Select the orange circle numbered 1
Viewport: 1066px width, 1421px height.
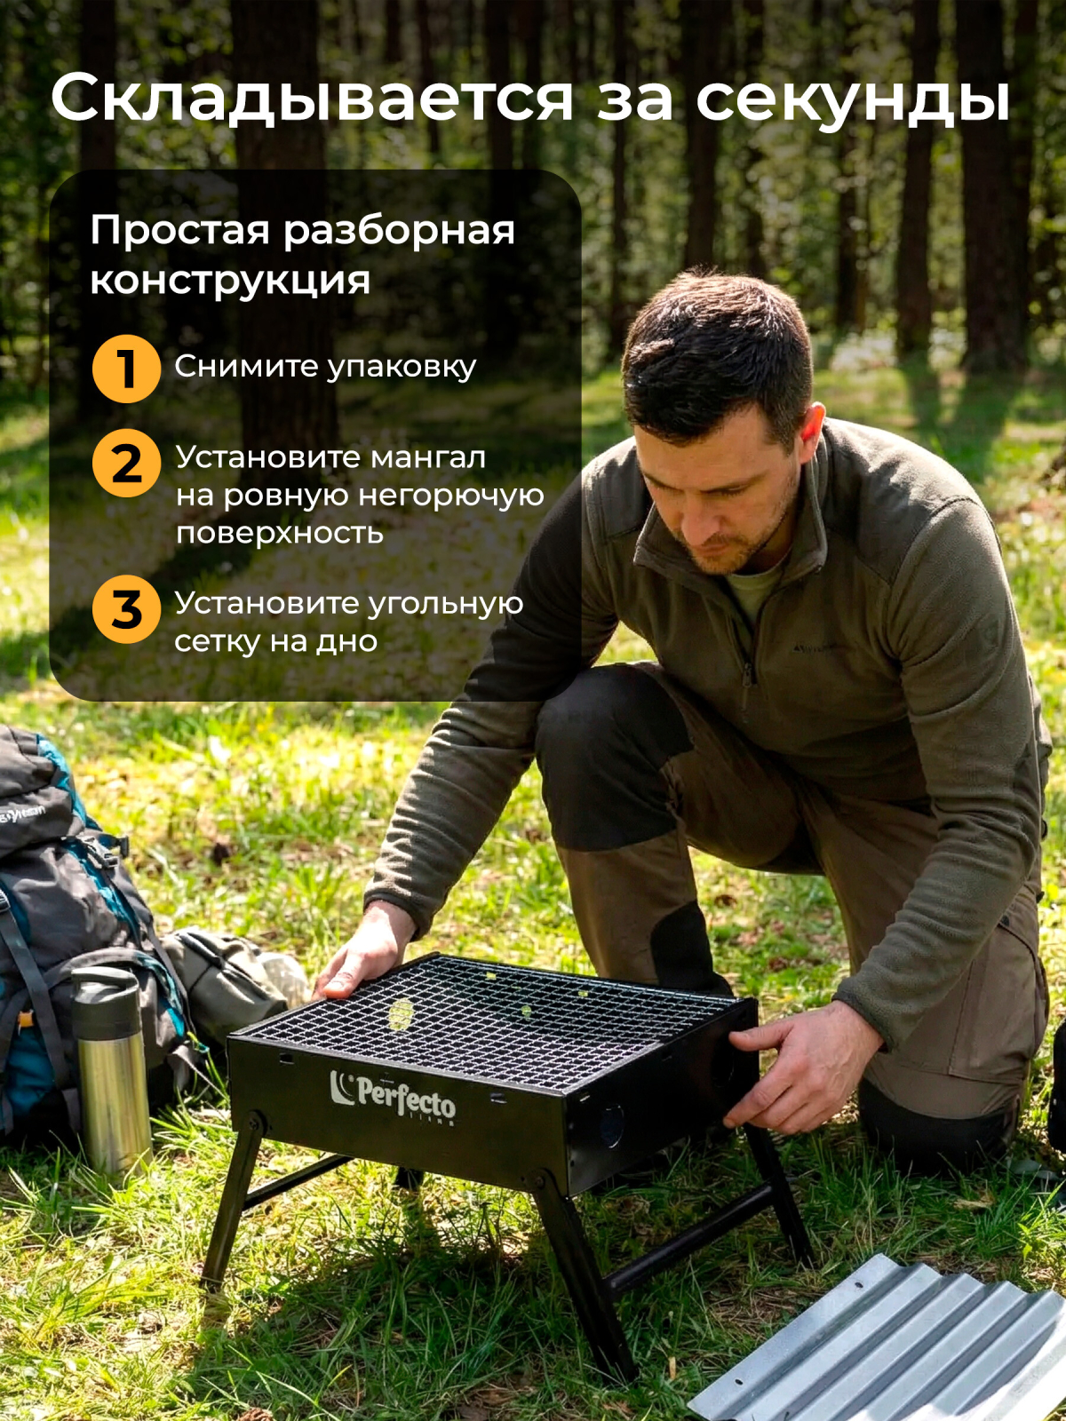point(126,369)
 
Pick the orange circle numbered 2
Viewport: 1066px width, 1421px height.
point(126,463)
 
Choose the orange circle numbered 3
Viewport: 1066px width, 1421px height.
point(126,609)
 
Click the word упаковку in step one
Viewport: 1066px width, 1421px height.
point(401,368)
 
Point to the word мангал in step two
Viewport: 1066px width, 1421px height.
point(428,457)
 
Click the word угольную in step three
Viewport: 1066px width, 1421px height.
point(446,605)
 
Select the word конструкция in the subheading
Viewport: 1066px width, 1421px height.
point(230,281)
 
